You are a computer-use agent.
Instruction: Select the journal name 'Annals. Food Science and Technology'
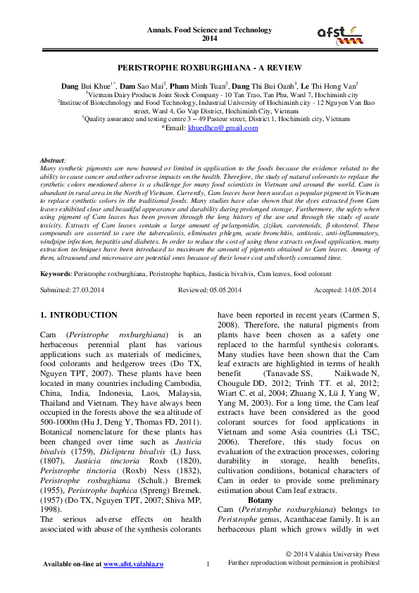coord(209,30)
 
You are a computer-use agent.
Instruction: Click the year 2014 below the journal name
coord(209,39)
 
